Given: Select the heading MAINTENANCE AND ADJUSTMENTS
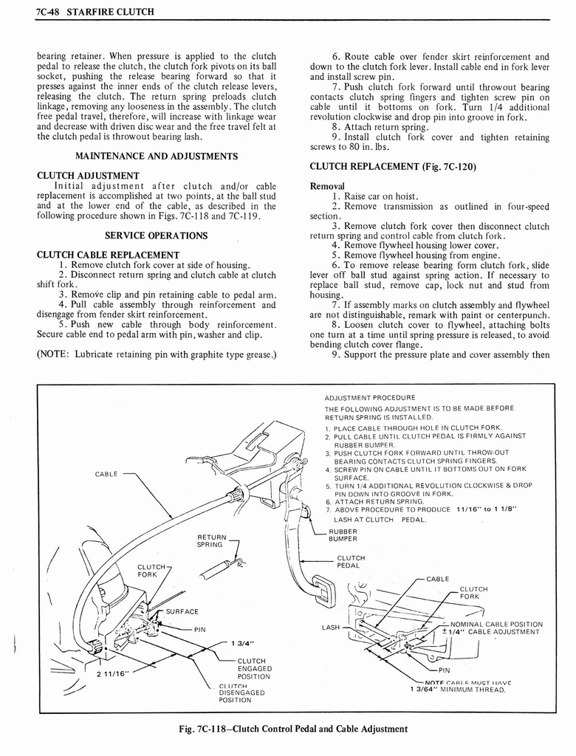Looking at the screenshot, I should click(x=157, y=156).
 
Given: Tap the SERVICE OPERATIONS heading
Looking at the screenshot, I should click(x=157, y=236).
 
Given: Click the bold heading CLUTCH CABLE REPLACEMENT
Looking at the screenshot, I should click(x=108, y=255).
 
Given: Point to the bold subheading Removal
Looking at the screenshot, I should click(x=328, y=186).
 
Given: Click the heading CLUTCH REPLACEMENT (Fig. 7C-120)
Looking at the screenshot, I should click(x=393, y=165).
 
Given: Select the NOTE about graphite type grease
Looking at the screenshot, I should click(x=157, y=354).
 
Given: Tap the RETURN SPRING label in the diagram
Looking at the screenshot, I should click(x=211, y=541).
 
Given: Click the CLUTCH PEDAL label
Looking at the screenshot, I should click(x=350, y=562).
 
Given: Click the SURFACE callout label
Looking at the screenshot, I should click(x=181, y=611).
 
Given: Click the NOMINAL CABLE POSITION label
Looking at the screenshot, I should click(x=496, y=624).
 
